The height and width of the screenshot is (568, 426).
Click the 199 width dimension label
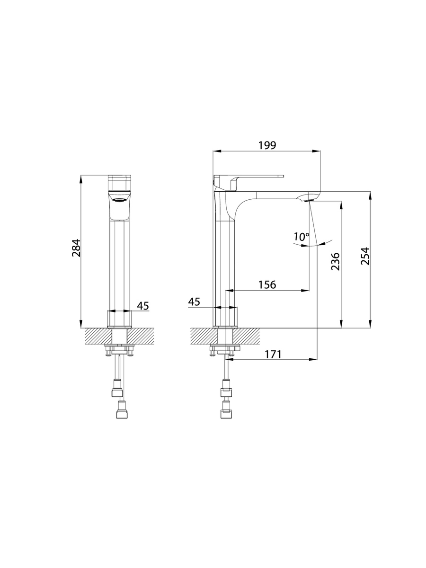coord(267,145)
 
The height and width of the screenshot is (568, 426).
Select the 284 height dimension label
coord(76,248)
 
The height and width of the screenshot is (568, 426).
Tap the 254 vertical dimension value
coord(365,256)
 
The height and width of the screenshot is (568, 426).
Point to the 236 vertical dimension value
coord(335,262)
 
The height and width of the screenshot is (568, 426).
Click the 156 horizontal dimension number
coord(267,284)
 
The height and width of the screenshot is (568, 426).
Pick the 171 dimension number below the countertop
coord(273,354)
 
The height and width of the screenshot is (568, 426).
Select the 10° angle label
coord(302,237)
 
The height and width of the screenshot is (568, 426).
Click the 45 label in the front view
coord(143,306)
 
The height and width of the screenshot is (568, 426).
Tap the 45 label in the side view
coord(194,302)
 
